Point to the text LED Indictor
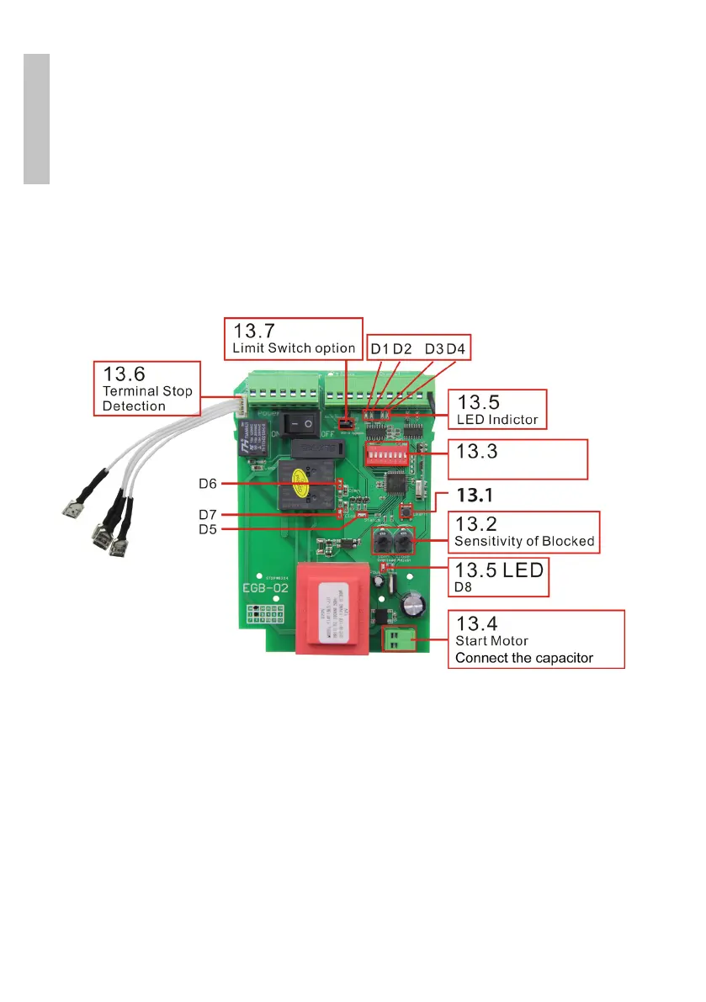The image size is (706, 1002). (x=496, y=418)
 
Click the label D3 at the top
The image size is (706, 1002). (x=434, y=348)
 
